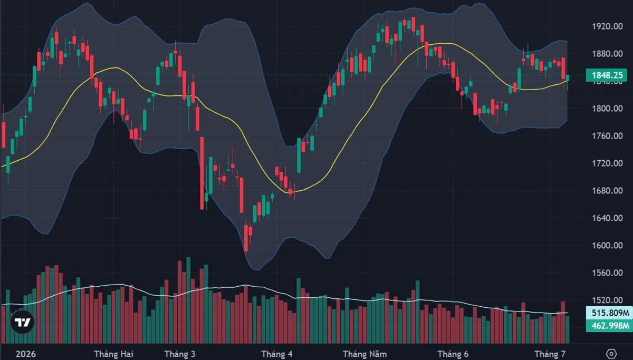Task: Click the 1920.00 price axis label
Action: [x=607, y=26]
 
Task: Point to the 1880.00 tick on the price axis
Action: [x=607, y=54]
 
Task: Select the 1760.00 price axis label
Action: [x=607, y=136]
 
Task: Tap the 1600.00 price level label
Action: [x=607, y=246]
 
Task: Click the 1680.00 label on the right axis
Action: [x=607, y=191]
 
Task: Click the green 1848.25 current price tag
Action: [x=607, y=75]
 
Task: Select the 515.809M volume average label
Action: [x=610, y=313]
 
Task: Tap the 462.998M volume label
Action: [x=610, y=326]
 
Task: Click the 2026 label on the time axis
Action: [x=26, y=354]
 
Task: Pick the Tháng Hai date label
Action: [x=113, y=354]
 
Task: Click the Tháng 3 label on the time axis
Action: [x=180, y=354]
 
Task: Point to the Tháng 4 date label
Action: [x=277, y=354]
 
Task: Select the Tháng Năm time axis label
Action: [x=365, y=354]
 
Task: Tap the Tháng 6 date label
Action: [x=453, y=354]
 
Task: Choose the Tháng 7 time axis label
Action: [x=550, y=354]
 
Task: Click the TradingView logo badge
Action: [x=22, y=322]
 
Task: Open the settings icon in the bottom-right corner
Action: [x=611, y=354]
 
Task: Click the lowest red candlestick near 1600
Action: [x=246, y=238]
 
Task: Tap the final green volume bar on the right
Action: [x=567, y=329]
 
